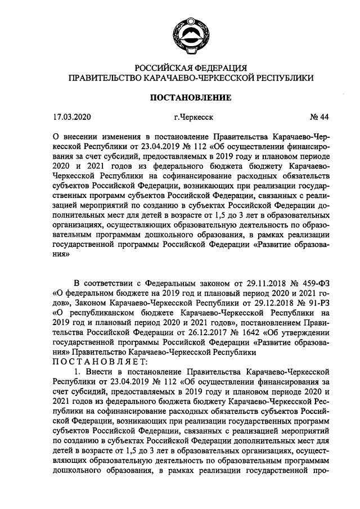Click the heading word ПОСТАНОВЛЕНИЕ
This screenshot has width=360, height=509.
coord(190,97)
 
